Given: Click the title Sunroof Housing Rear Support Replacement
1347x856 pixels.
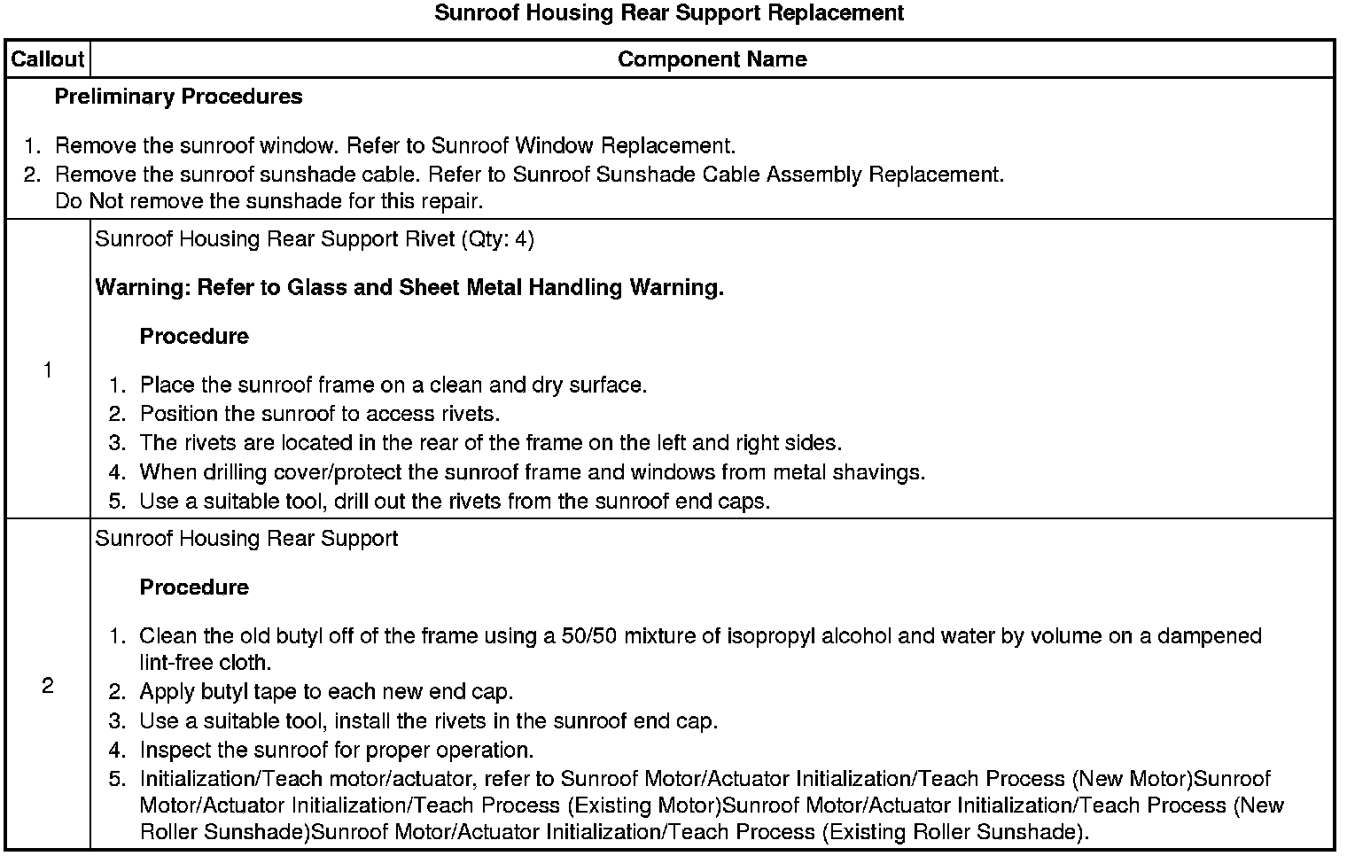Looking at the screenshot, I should pos(669,13).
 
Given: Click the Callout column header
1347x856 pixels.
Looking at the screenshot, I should pos(47,59).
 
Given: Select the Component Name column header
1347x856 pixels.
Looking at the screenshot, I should pos(712,59).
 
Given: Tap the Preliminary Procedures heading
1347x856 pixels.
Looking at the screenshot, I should pos(178,97).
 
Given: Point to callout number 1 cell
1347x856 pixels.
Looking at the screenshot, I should pos(47,370).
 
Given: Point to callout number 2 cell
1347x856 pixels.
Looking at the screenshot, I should pos(47,686).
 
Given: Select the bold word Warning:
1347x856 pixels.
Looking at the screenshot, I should pos(143,288).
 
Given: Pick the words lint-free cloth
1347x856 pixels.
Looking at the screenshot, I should pos(206,663).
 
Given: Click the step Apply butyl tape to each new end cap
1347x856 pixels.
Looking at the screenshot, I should pos(326,692).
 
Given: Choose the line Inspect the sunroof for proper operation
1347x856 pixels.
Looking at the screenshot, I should pos(337,751).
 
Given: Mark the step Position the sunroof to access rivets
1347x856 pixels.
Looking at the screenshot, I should pos(320,414).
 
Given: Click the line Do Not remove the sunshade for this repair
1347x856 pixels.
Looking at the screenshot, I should pos(269,201).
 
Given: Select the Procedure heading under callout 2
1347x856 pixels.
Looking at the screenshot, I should pos(194,588).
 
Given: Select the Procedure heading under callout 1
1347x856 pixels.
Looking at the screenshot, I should pos(194,337).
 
